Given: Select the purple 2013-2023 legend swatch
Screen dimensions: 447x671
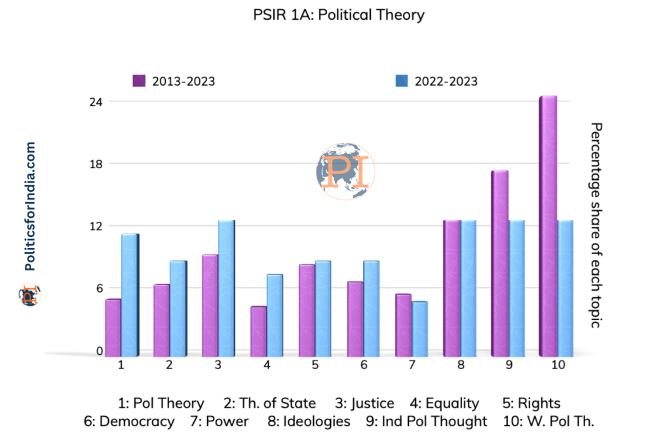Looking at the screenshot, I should pos(139,81).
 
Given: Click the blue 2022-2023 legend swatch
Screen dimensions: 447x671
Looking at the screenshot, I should pos(402,81).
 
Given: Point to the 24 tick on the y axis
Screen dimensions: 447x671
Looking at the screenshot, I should pos(96,101).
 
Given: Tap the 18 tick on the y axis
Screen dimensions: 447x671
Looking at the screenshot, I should pos(96,164).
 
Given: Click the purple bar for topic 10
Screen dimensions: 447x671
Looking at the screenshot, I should pos(548,226).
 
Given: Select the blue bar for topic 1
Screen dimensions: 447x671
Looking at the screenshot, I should pos(130,295).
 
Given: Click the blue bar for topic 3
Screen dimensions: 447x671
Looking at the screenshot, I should pos(226,288).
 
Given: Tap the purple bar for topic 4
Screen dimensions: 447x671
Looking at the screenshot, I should pos(258,331).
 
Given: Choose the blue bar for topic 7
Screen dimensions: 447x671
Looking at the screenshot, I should pos(419,329).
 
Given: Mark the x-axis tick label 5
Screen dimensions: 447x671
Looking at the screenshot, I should pos(315,365).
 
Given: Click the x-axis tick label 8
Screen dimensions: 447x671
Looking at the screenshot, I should pos(461,365).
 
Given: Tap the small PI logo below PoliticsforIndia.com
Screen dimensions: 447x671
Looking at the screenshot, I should pos(28,295).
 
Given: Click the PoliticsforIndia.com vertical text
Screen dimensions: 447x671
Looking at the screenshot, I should pos(29,207).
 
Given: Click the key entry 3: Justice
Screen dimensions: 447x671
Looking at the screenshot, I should pos(364,403).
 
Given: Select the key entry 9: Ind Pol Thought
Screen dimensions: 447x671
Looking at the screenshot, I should pos(427,421).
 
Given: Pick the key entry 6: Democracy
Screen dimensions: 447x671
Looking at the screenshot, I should pos(129,421).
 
